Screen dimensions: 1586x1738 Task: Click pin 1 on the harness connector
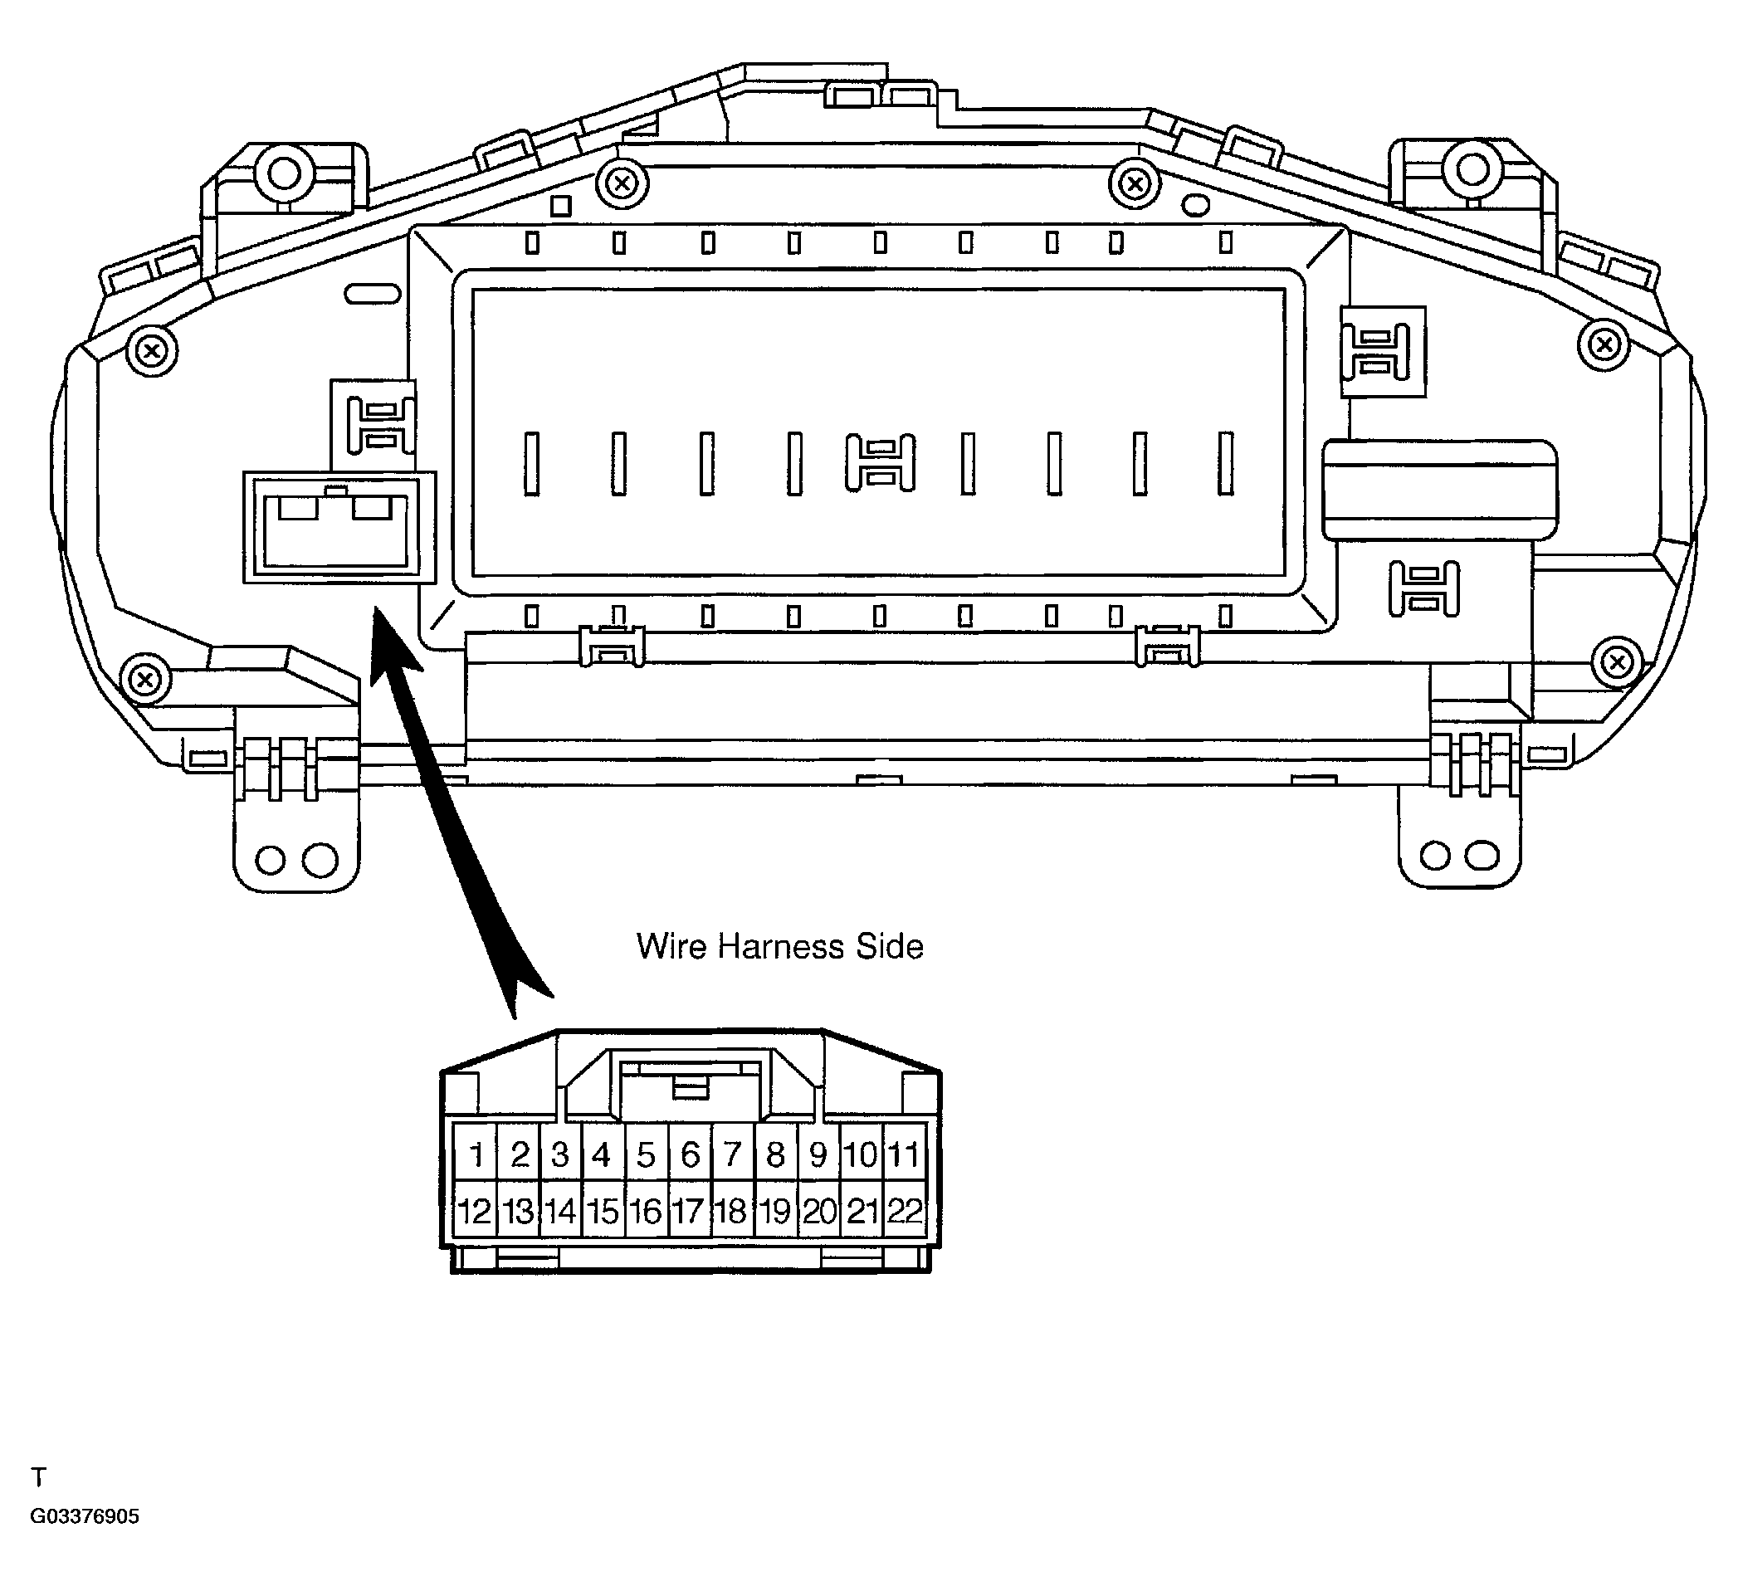click(x=476, y=1154)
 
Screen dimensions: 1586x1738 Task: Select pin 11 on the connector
click(x=905, y=1154)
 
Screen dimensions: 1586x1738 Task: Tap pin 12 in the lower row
click(x=474, y=1211)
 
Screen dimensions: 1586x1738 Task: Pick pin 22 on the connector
click(x=905, y=1211)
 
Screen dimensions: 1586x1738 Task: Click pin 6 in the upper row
click(x=690, y=1154)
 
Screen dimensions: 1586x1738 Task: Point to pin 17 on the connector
click(x=688, y=1211)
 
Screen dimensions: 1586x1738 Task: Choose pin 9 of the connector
click(x=818, y=1154)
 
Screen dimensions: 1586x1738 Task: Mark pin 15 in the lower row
click(x=603, y=1211)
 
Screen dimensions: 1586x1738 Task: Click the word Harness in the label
click(x=780, y=946)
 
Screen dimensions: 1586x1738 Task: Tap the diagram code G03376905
click(x=85, y=1540)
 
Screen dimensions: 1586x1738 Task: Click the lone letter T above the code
click(x=38, y=1501)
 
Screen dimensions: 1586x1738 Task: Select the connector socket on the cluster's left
click(x=338, y=528)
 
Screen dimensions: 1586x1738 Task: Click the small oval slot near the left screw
click(x=372, y=294)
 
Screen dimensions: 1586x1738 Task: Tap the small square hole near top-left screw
click(x=561, y=206)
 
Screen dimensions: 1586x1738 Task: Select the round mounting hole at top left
click(x=284, y=173)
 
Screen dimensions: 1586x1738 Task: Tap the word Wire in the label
click(x=671, y=946)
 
